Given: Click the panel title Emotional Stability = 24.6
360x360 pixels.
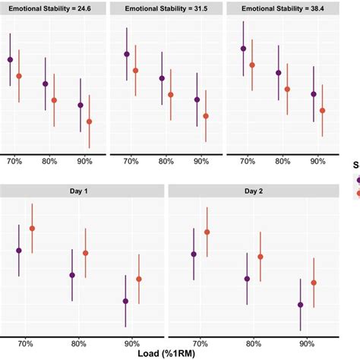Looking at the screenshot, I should pyautogui.click(x=52, y=10).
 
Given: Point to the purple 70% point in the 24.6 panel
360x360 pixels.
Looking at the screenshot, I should pyautogui.click(x=10, y=59).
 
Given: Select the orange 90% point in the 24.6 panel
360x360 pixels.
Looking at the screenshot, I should pyautogui.click(x=90, y=122).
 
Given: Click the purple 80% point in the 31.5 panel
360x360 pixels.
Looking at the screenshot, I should pyautogui.click(x=162, y=78).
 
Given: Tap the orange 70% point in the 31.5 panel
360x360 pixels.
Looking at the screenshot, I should pyautogui.click(x=135, y=71).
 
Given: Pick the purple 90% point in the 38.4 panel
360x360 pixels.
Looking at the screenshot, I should pyautogui.click(x=314, y=94).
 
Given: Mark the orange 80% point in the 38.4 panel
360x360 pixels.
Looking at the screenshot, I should pyautogui.click(x=287, y=89).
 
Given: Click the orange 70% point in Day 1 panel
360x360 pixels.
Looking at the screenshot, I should pyautogui.click(x=32, y=228).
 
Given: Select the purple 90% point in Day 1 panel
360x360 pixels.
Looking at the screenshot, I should pyautogui.click(x=125, y=301).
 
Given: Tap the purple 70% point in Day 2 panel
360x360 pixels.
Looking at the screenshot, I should pyautogui.click(x=194, y=254).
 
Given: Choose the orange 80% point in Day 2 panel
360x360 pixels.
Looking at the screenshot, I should pyautogui.click(x=261, y=257).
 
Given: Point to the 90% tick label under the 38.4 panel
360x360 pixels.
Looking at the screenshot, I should pyautogui.click(x=318, y=162).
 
